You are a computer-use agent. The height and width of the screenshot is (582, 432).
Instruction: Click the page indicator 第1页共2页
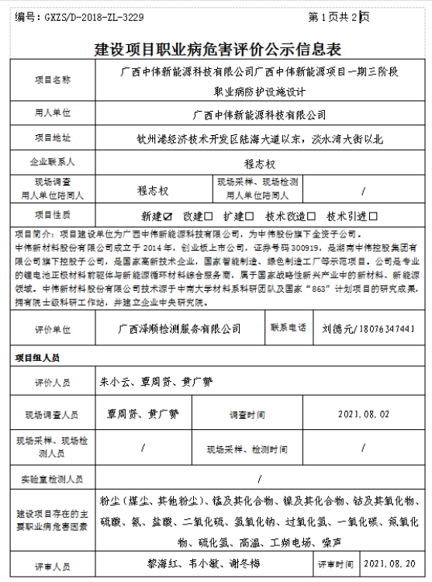[x=338, y=16]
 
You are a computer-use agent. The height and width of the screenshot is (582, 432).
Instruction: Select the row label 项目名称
[x=52, y=80]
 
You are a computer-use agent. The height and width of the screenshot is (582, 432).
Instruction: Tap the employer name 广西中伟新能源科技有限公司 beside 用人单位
[x=259, y=114]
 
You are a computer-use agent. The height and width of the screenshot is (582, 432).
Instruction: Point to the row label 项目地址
[x=52, y=138]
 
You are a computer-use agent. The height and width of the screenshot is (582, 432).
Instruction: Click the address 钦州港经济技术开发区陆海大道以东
[x=216, y=140]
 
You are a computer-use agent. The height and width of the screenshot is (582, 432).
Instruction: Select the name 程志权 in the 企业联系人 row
[x=259, y=164]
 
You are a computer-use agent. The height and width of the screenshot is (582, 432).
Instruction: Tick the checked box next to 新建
[x=168, y=217]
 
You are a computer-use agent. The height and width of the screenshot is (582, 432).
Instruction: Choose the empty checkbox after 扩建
[x=250, y=217]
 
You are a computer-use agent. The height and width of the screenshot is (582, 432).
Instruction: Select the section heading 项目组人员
[x=36, y=359]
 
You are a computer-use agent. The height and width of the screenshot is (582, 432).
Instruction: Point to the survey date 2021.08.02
[x=365, y=415]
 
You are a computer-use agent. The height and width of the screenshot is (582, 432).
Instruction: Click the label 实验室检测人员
[x=52, y=479]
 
